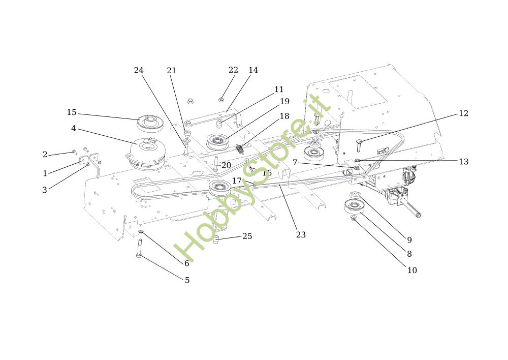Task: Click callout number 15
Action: pyautogui.click(x=71, y=112)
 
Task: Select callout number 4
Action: pyautogui.click(x=74, y=129)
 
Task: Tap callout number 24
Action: pyautogui.click(x=139, y=70)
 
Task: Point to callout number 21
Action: pyautogui.click(x=172, y=71)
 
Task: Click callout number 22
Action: pyautogui.click(x=233, y=70)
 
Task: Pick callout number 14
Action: pyautogui.click(x=253, y=70)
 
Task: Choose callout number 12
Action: pyautogui.click(x=463, y=113)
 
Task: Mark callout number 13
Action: pyautogui.click(x=463, y=162)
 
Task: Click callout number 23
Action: pyautogui.click(x=301, y=234)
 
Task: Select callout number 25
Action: pyautogui.click(x=247, y=236)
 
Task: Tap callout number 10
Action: pyautogui.click(x=412, y=270)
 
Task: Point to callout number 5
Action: pyautogui.click(x=187, y=280)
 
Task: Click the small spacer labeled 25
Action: pyautogui.click(x=216, y=240)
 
